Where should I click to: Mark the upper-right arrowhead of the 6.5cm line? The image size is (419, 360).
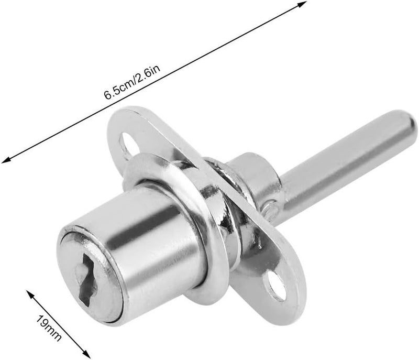click(x=302, y=4)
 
